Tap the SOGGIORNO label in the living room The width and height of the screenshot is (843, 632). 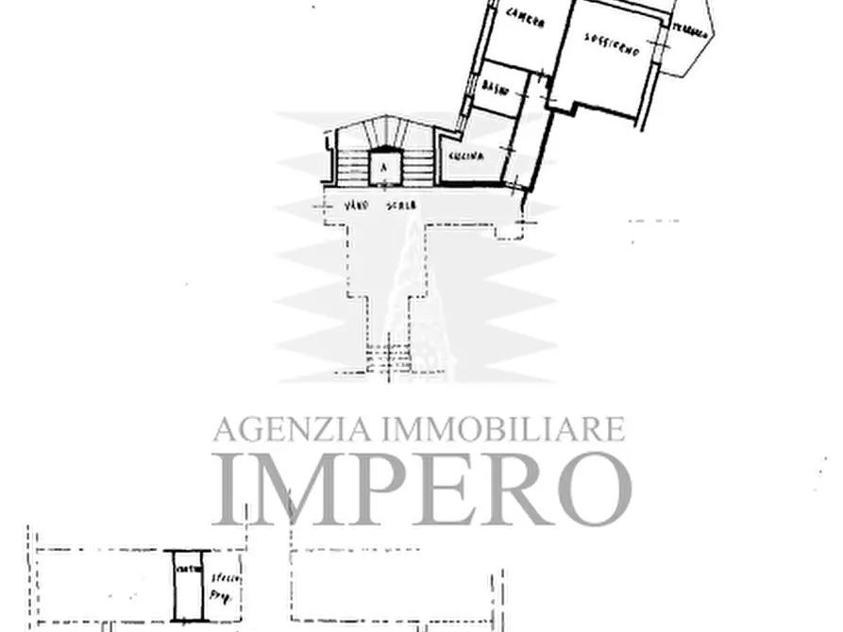(612, 43)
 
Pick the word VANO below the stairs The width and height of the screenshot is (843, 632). (355, 205)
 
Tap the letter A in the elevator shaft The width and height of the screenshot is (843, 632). (383, 168)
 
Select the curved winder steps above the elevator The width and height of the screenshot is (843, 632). (382, 131)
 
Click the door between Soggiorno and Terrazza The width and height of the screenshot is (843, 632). (665, 38)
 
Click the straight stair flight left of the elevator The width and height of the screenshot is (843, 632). (352, 167)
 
